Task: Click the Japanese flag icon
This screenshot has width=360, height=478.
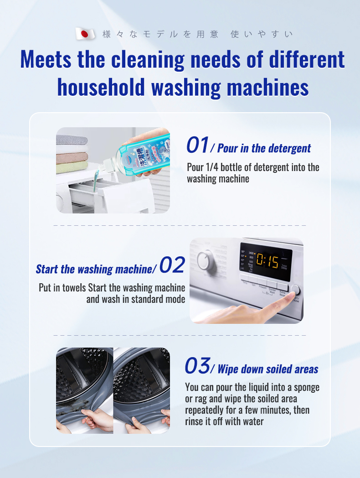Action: pyautogui.click(x=85, y=34)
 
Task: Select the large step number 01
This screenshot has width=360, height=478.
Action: pyautogui.click(x=197, y=145)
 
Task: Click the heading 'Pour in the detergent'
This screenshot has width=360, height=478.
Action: pyautogui.click(x=264, y=148)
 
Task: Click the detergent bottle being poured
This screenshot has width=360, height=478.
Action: pyautogui.click(x=146, y=153)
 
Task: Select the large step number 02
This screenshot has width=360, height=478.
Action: pyautogui.click(x=172, y=265)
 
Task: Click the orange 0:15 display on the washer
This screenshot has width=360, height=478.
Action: pyautogui.click(x=267, y=260)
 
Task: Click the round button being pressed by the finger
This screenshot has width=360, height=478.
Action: pyautogui.click(x=295, y=290)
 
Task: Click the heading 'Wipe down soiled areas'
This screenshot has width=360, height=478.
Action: pyautogui.click(x=268, y=369)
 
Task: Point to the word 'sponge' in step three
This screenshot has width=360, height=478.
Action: pyautogui.click(x=305, y=387)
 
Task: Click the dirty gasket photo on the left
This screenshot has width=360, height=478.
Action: pyautogui.click(x=84, y=390)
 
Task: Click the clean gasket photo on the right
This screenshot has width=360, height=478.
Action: pyautogui.click(x=142, y=390)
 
